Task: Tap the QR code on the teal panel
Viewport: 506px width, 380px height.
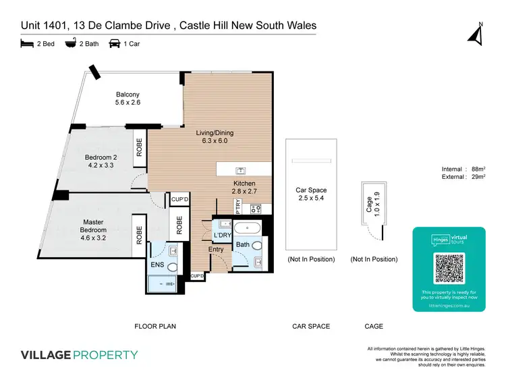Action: click(x=449, y=269)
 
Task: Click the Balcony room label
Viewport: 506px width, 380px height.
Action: click(x=128, y=94)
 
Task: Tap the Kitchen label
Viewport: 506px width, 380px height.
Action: click(x=244, y=184)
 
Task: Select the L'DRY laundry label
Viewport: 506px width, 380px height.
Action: click(x=223, y=235)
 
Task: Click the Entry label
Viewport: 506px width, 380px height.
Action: click(x=216, y=250)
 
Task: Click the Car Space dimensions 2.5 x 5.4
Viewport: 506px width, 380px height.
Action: click(x=311, y=199)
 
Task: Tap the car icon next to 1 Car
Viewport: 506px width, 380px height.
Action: click(x=116, y=44)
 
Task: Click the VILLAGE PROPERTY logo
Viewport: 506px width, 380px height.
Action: click(x=80, y=355)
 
